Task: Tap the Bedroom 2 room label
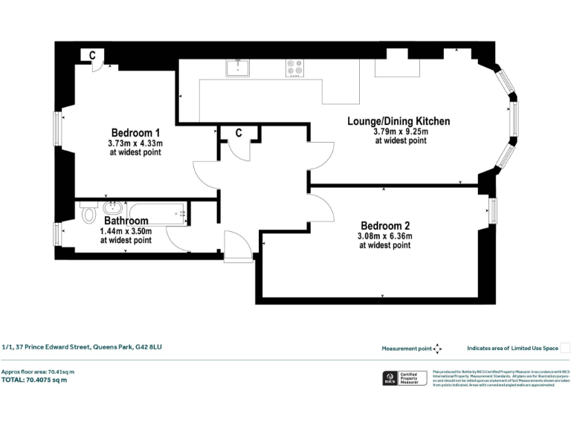point(385,225)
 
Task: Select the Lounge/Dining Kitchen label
point(399,120)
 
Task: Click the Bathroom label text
point(126,221)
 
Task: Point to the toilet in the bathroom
point(89,215)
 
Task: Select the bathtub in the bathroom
point(158,213)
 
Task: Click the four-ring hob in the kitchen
point(294,68)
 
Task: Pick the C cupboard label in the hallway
point(239,133)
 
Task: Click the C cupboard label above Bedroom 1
point(91,55)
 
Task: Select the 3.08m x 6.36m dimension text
point(385,236)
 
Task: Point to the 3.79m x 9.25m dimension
point(400,132)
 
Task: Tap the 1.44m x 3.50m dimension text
point(126,231)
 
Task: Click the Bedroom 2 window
point(492,210)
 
